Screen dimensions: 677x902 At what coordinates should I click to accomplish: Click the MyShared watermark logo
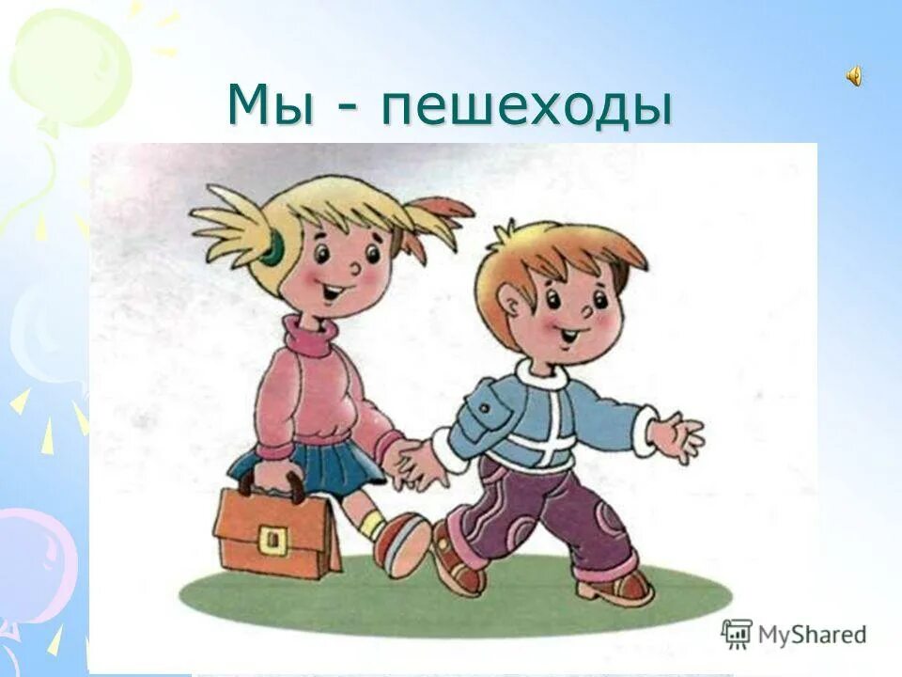coord(794,634)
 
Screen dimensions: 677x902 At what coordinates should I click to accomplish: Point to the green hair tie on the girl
coord(273,248)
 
